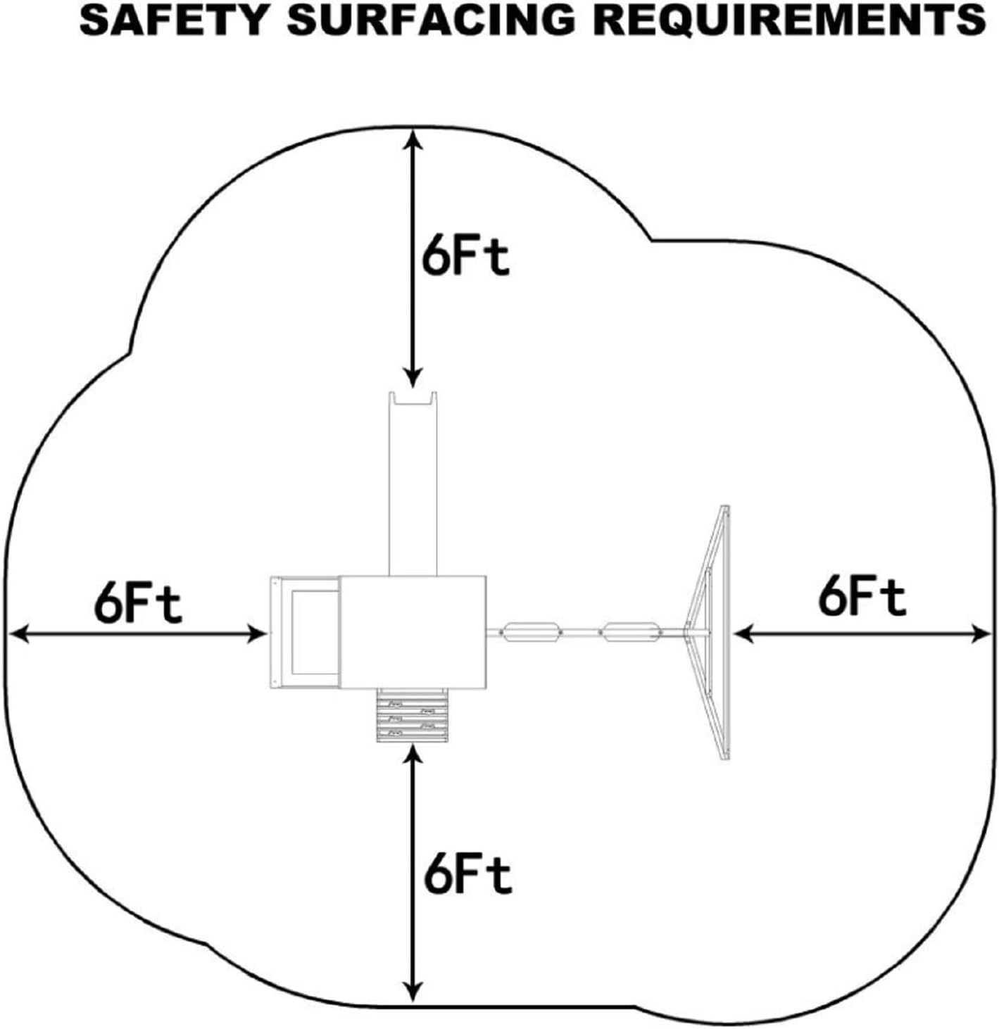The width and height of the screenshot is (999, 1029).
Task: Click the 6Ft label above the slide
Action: click(x=465, y=259)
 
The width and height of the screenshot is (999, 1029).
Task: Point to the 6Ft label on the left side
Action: click(x=138, y=604)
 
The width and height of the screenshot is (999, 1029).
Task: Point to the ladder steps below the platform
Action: click(x=413, y=715)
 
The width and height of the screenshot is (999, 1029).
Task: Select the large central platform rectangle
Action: click(x=413, y=631)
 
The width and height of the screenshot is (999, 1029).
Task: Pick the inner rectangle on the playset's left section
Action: click(x=314, y=632)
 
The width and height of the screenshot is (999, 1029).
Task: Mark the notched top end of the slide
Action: click(x=414, y=399)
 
